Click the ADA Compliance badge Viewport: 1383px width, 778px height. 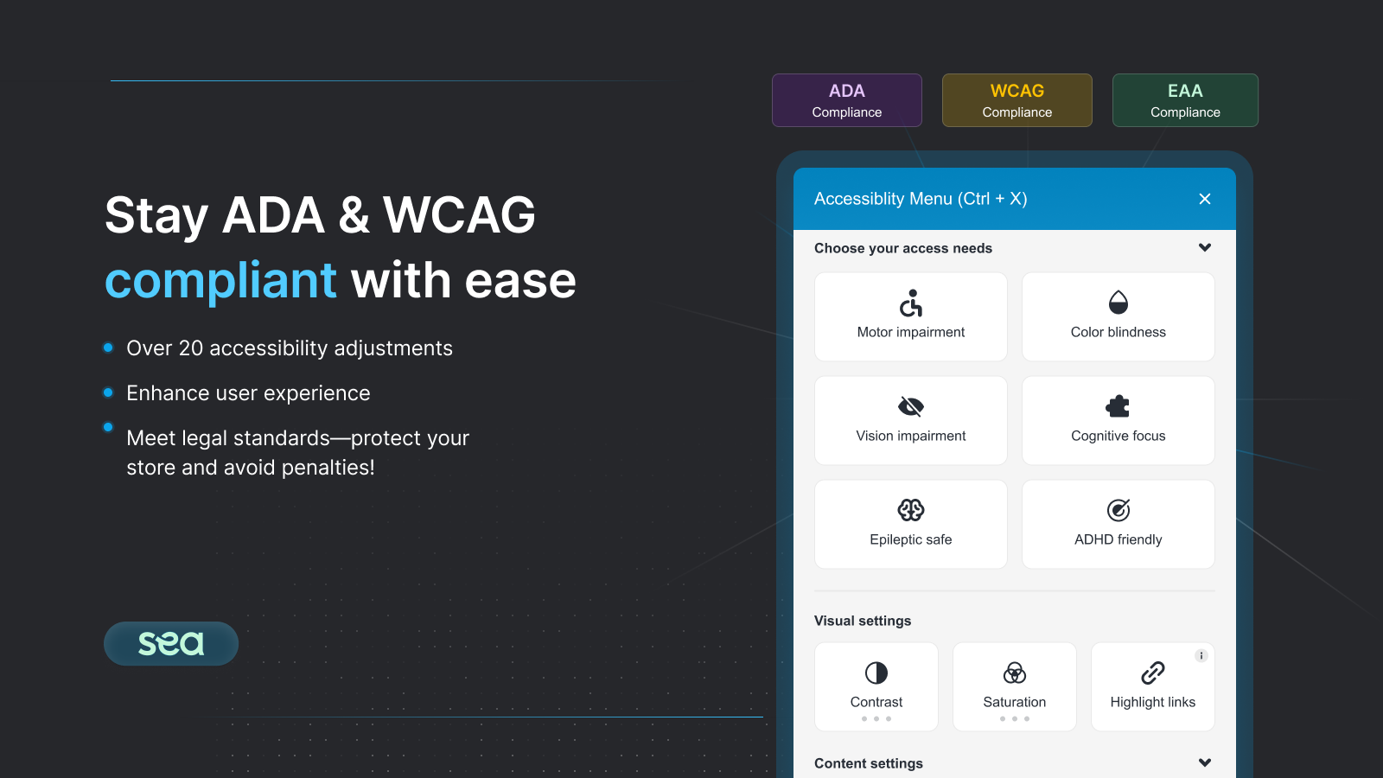pos(846,100)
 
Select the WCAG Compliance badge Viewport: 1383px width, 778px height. pos(1017,100)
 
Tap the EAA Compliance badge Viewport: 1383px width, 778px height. pos(1185,100)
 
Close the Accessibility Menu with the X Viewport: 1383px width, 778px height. pos(1205,199)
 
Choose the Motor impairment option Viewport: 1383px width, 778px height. pos(911,316)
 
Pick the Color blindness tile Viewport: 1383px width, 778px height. pos(1119,316)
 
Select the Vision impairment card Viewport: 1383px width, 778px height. pos(911,420)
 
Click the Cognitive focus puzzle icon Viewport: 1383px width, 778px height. pos(1119,406)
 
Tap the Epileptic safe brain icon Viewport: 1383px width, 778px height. pos(911,510)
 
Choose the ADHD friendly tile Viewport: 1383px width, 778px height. pos(1119,524)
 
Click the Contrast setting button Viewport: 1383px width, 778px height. pos(876,686)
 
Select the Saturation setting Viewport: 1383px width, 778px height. pos(1015,686)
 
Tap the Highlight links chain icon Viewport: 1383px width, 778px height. pos(1153,673)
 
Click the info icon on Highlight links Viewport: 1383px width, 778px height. pos(1201,656)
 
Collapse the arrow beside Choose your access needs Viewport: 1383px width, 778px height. pos(1205,247)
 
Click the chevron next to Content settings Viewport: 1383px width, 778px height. pos(1205,762)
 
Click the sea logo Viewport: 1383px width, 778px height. pos(171,643)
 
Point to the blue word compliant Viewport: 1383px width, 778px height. pos(220,282)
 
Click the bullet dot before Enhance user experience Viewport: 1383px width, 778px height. pos(108,392)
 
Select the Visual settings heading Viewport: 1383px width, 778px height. pos(863,621)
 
